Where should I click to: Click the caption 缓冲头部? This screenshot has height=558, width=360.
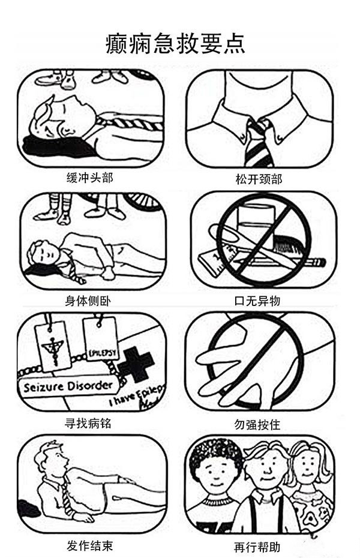89,178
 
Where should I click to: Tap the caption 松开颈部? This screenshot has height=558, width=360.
259,179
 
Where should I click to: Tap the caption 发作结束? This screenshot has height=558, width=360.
89,545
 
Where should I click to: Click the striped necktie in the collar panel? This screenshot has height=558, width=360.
259,144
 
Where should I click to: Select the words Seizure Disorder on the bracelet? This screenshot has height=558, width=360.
68,385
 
